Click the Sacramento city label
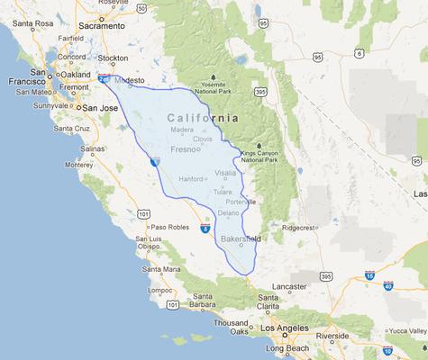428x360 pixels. pyautogui.click(x=103, y=26)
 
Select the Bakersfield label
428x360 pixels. pyautogui.click(x=241, y=238)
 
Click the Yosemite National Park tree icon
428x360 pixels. pyautogui.click(x=214, y=77)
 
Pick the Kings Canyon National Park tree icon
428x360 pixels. pyautogui.click(x=260, y=145)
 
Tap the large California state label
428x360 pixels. pyautogui.click(x=204, y=118)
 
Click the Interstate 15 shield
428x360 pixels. pyautogui.click(x=369, y=275)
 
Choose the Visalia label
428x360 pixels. pyautogui.click(x=225, y=172)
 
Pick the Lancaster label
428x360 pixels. pyautogui.click(x=290, y=285)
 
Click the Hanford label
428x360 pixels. pyautogui.click(x=190, y=179)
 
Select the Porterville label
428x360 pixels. pyautogui.click(x=241, y=202)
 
